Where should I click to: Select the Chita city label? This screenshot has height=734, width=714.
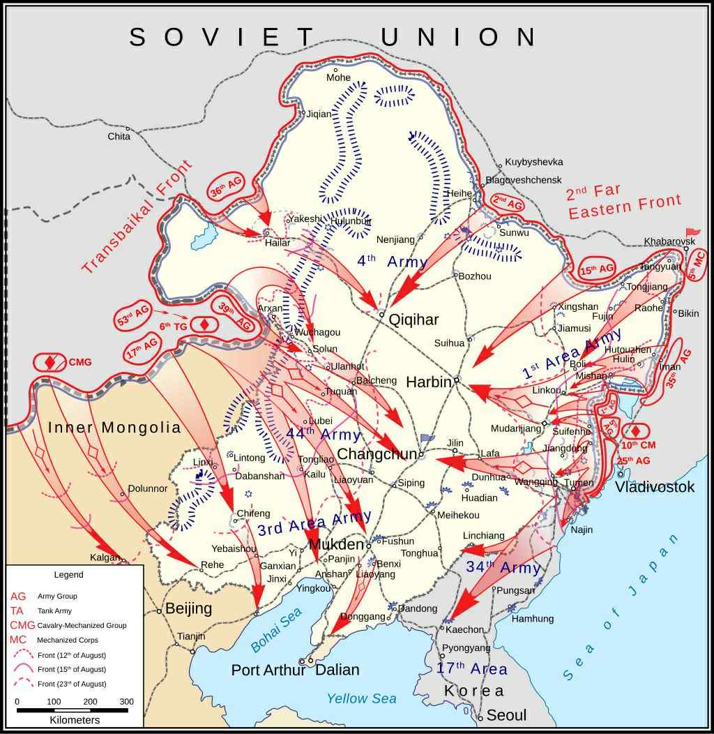coord(119,136)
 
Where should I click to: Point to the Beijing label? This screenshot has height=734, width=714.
coord(188,608)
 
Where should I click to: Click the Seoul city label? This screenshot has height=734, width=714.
coord(507,715)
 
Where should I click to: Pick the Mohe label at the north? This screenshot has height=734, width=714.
coord(339,77)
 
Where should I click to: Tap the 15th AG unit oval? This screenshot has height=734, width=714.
coord(598,269)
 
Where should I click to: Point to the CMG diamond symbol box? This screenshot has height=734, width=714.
coord(50,363)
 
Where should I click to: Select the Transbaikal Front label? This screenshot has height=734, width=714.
coord(137,217)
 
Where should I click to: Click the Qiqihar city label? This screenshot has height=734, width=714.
coord(413,320)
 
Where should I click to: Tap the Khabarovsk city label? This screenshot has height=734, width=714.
coord(669,241)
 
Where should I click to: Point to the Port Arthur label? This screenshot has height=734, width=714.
coord(268,670)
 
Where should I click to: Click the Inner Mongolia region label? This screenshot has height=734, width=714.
coord(114,428)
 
